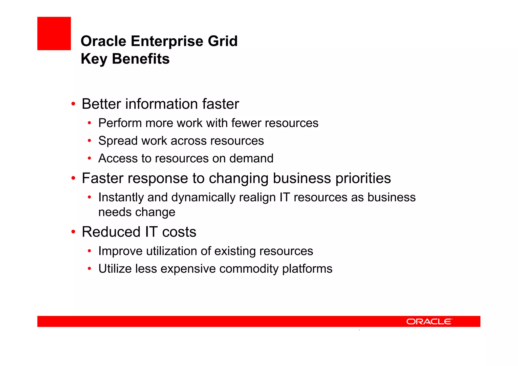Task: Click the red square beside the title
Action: tap(54, 33)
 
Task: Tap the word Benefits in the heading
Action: tap(141, 59)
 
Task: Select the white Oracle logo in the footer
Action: tap(429, 321)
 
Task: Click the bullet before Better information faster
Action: tap(73, 104)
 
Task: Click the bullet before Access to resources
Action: tap(89, 159)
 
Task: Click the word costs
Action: tap(179, 232)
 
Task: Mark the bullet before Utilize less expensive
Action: tap(89, 269)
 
